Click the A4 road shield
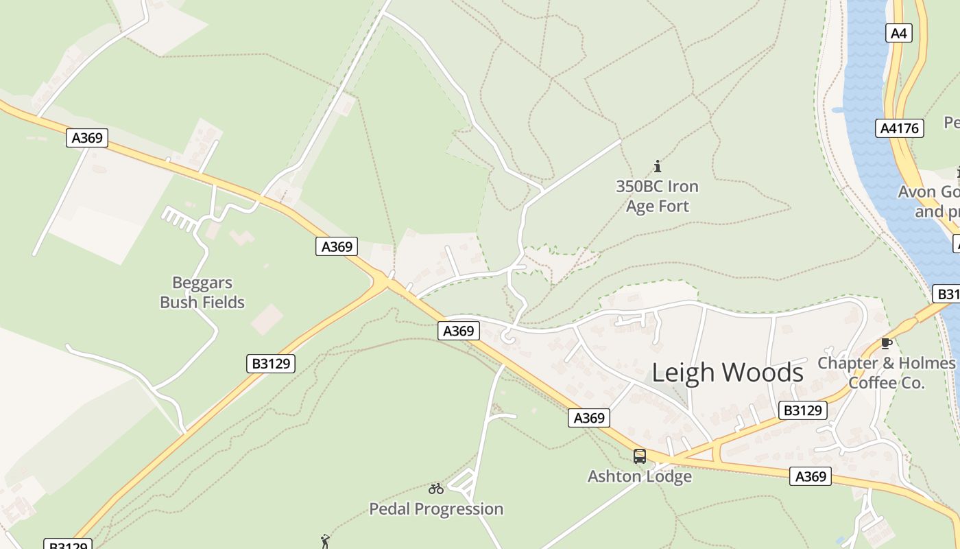tap(899, 33)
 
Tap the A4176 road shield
tap(900, 128)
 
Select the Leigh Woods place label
tap(727, 373)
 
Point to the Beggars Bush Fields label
tap(202, 292)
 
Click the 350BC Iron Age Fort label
tap(657, 196)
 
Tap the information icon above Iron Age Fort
tap(658, 166)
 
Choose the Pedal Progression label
tap(436, 509)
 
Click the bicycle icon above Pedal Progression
tap(436, 489)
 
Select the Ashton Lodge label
tap(639, 476)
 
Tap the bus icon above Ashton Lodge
tap(640, 456)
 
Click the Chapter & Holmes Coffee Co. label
tap(887, 373)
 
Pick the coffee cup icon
tap(887, 343)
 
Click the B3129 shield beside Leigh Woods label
tap(803, 410)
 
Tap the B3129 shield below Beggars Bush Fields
tap(270, 364)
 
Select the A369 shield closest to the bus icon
tap(589, 418)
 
